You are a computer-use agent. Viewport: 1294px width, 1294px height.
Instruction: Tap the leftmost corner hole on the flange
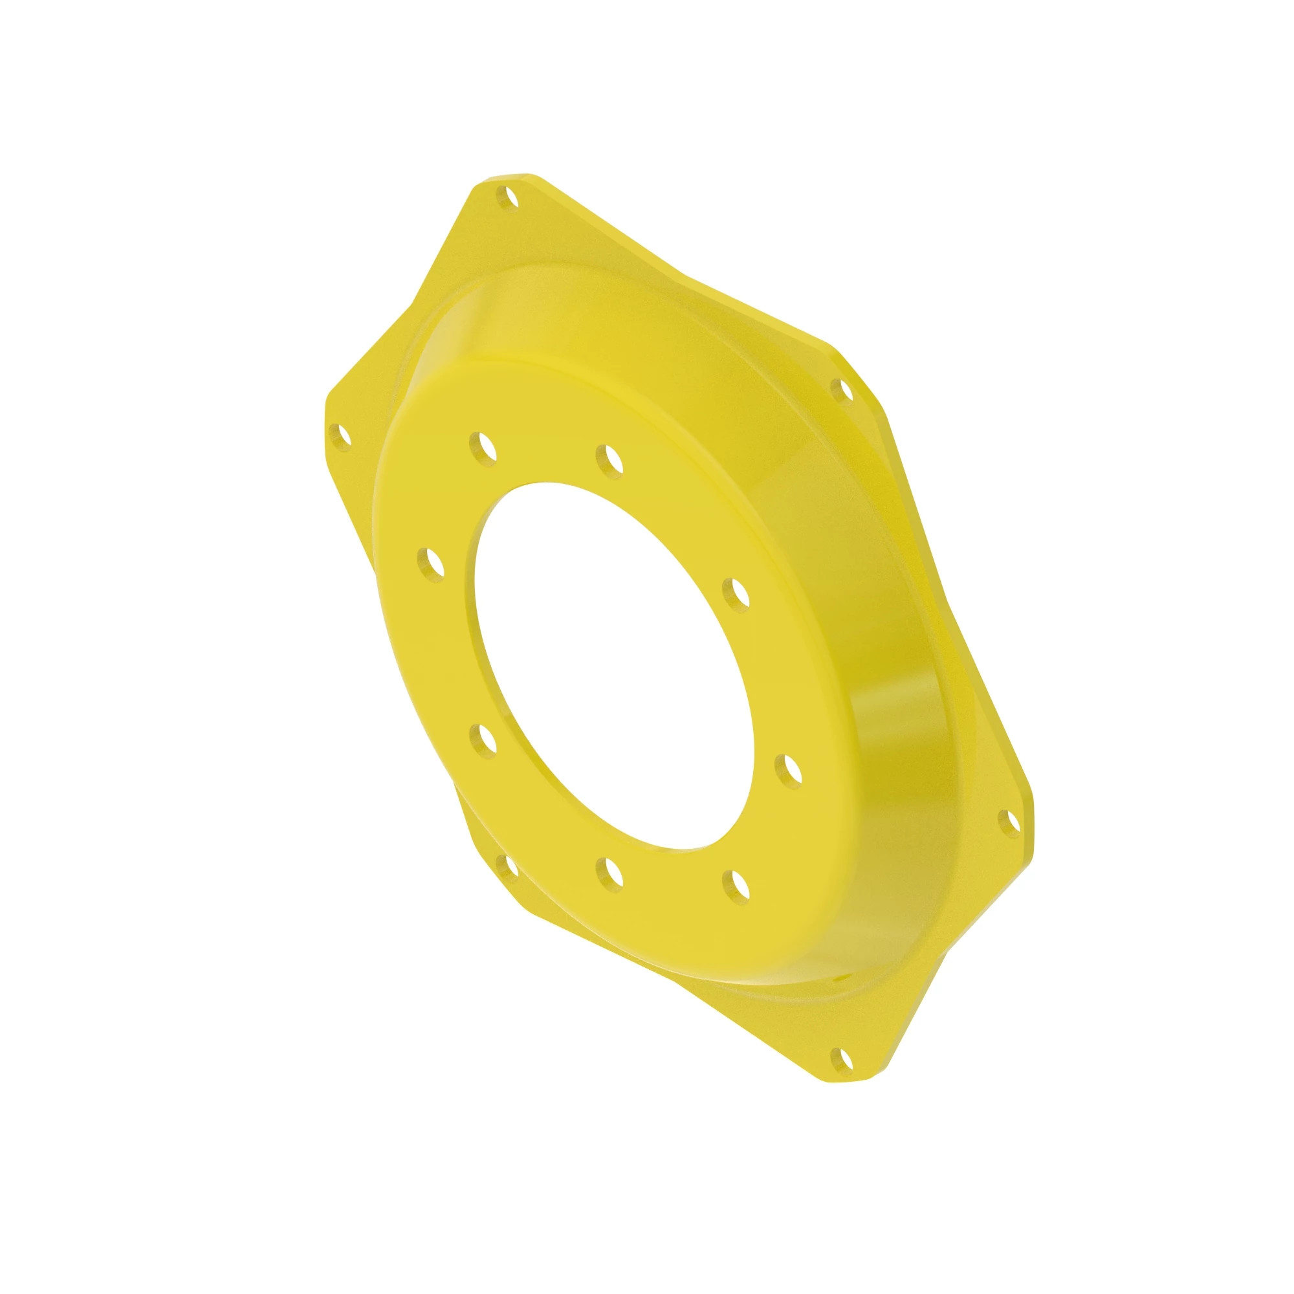(x=341, y=439)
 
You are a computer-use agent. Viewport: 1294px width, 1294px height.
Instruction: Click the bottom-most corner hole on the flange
(x=841, y=1058)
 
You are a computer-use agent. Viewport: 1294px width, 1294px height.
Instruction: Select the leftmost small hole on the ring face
(x=431, y=564)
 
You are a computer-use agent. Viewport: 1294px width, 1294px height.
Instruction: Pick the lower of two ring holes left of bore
(x=482, y=739)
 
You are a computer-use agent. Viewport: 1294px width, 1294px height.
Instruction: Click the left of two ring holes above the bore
(x=482, y=446)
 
